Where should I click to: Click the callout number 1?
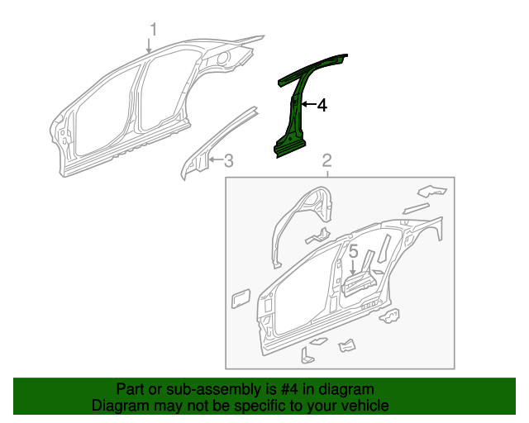pos(152,30)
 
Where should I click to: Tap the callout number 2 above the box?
pos(326,159)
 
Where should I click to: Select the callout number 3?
pos(229,160)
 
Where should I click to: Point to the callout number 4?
pos(322,105)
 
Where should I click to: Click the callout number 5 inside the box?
pos(352,250)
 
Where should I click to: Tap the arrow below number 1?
pos(150,47)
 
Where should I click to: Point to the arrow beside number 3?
pos(214,160)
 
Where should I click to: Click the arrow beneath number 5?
pos(353,267)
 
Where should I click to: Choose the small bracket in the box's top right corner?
pos(429,189)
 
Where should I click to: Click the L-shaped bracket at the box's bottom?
pos(308,355)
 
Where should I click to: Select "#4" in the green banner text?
pos(277,389)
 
